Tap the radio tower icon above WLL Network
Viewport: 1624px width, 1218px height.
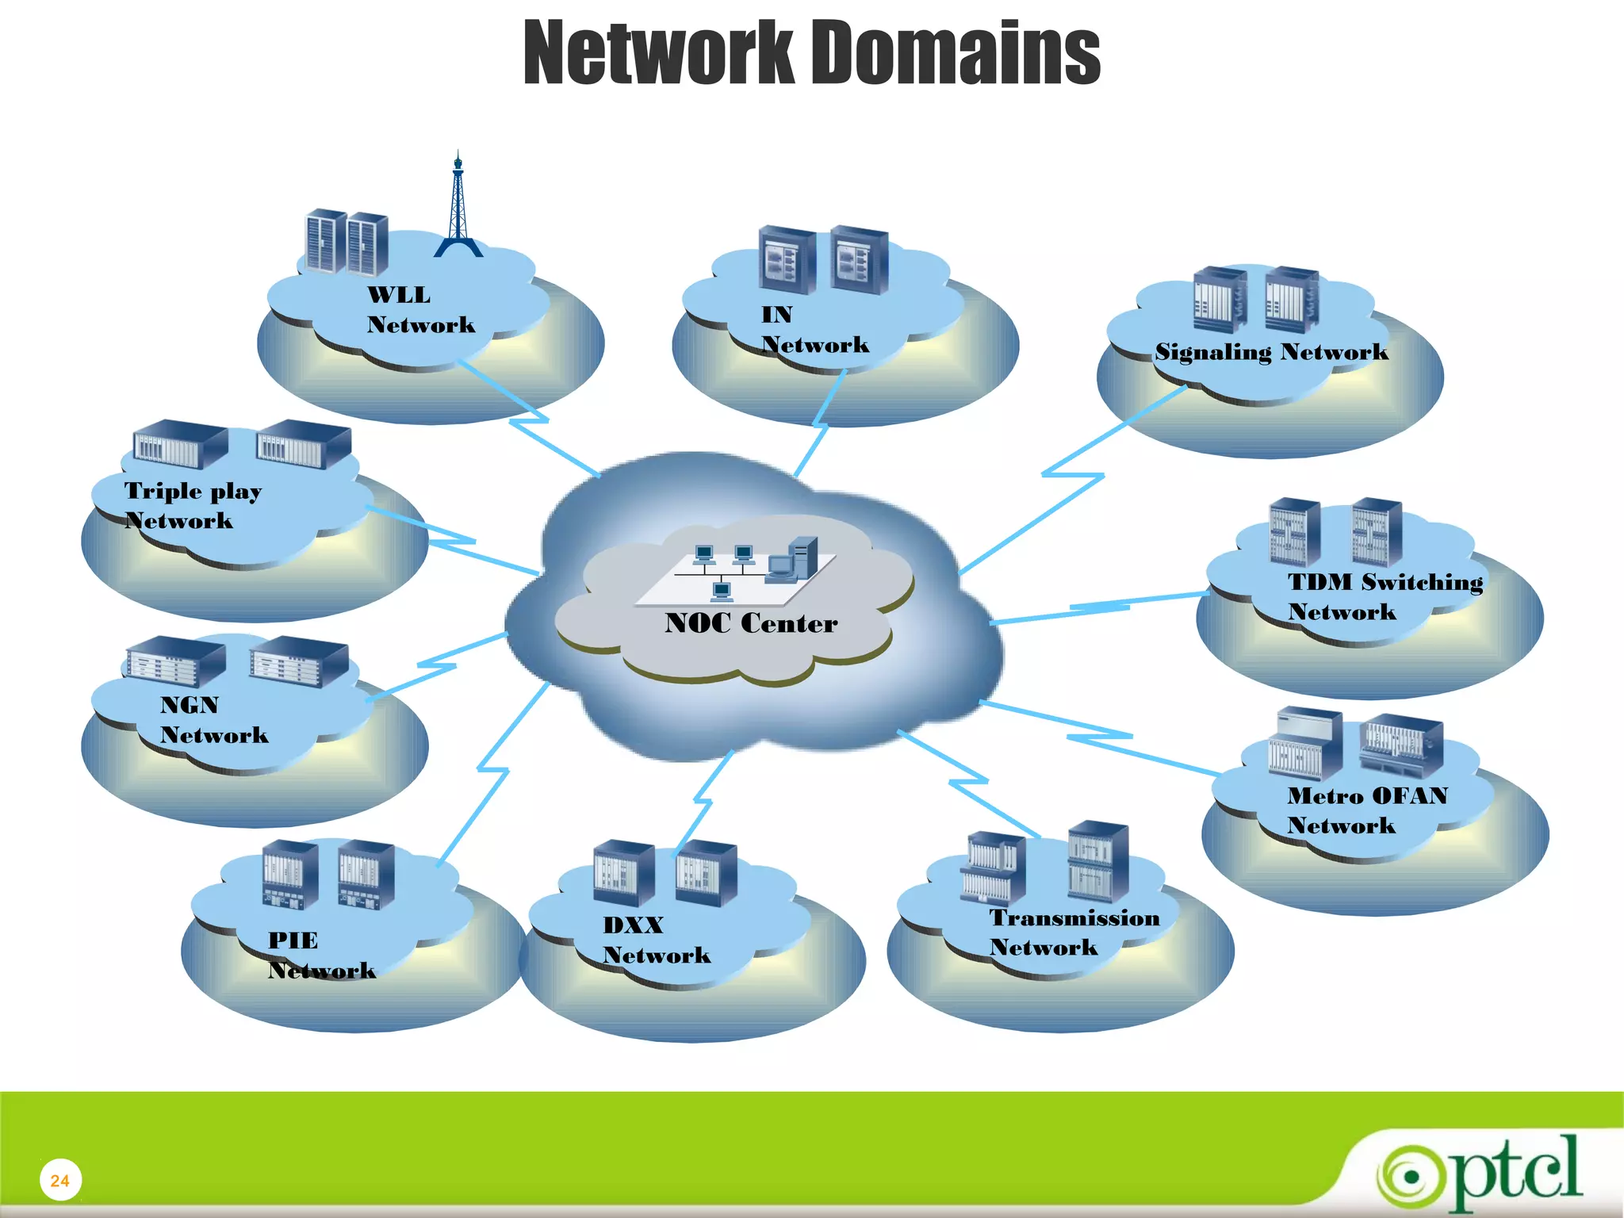(x=458, y=208)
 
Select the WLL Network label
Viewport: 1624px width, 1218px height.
(x=420, y=310)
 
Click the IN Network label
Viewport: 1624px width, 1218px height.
(x=814, y=330)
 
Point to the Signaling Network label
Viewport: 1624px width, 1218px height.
(x=1271, y=352)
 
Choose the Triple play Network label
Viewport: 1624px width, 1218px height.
(x=193, y=505)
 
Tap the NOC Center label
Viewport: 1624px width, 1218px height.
(x=751, y=623)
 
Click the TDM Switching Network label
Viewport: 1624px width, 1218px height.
(x=1385, y=596)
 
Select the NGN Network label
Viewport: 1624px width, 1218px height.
(x=213, y=720)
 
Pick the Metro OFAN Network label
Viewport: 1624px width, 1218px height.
(x=1367, y=810)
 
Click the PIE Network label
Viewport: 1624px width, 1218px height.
(x=321, y=955)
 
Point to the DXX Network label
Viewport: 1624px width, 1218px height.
(x=656, y=940)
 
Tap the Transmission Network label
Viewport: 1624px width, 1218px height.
(x=1074, y=933)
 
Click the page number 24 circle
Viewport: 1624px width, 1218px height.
(x=60, y=1180)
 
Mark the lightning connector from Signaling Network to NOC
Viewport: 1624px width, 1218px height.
(x=1072, y=476)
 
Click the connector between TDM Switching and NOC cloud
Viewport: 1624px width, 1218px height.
(x=1099, y=608)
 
